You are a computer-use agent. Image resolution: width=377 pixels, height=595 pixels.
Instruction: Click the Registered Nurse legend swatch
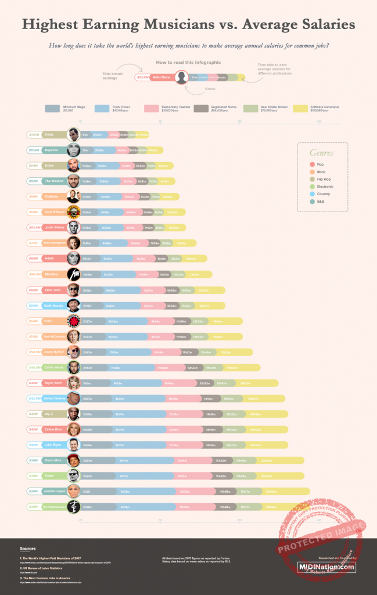(202, 108)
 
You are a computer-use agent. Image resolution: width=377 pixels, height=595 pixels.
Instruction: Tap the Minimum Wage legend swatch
(53, 108)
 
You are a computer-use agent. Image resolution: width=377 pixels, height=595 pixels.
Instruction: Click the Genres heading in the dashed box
(321, 153)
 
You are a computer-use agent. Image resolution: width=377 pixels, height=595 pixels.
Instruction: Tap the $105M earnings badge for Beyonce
(34, 150)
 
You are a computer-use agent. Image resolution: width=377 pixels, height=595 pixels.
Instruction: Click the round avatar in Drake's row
(73, 166)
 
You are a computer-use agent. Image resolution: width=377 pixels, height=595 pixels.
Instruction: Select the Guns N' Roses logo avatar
(73, 212)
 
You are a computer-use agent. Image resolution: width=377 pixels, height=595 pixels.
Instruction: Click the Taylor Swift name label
(53, 382)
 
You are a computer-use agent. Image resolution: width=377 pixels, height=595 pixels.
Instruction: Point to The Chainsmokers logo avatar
(73, 507)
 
